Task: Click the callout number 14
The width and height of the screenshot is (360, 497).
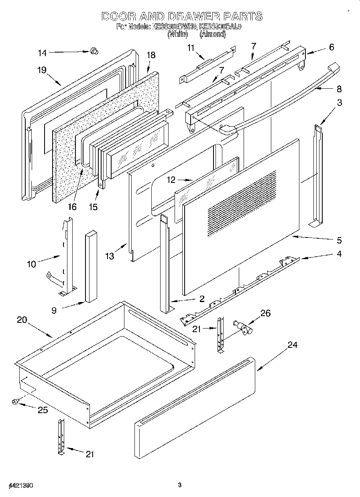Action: (x=42, y=53)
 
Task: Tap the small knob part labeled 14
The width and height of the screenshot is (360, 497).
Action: (x=95, y=51)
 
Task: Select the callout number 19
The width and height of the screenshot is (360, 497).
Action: (x=42, y=70)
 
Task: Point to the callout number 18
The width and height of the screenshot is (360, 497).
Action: (x=151, y=55)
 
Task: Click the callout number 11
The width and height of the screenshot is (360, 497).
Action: (x=191, y=48)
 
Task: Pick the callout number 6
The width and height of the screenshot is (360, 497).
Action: (x=331, y=47)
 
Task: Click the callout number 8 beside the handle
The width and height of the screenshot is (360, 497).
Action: (x=339, y=89)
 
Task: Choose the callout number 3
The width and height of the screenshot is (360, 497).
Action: (x=340, y=103)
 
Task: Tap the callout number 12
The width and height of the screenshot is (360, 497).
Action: (x=171, y=180)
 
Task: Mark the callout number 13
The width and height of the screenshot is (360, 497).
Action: (x=110, y=256)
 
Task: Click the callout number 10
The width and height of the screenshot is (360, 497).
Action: (x=31, y=264)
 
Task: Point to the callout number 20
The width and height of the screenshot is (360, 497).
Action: (x=22, y=320)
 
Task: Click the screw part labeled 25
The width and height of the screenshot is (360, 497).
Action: (x=16, y=401)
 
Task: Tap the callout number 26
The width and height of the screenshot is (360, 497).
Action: (x=265, y=313)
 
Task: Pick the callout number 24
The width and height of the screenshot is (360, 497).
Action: (x=293, y=345)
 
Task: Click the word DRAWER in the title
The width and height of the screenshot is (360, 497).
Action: (x=193, y=16)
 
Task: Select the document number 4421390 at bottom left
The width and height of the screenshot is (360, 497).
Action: (x=20, y=485)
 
